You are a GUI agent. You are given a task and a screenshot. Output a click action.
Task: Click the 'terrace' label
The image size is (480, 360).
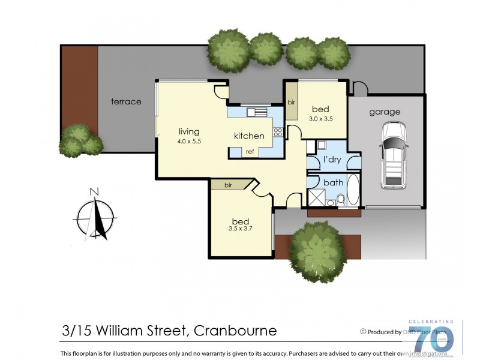126,101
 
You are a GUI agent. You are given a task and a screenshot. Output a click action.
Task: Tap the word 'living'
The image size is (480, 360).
188,131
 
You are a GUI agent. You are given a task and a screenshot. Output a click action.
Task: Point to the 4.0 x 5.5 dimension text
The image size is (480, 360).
188,141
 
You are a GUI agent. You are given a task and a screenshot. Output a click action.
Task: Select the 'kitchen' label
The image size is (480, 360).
249,136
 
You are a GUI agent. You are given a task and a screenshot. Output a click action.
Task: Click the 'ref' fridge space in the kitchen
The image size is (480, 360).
250,152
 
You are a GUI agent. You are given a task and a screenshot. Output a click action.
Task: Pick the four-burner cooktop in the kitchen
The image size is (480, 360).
278,133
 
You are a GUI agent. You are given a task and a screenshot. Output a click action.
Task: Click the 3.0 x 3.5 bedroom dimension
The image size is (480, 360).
320,119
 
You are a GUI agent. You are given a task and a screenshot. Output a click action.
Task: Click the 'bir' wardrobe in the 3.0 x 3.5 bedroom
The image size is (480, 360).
291,102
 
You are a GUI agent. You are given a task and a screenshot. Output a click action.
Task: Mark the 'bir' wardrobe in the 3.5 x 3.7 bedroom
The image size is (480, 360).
229,185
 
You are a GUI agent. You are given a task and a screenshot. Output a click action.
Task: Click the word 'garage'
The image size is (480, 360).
385,112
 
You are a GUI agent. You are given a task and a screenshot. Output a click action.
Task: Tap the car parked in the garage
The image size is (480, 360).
394,154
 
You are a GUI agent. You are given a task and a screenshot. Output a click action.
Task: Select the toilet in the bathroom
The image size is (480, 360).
340,200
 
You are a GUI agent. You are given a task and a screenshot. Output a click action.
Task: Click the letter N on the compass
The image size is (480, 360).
94,192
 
